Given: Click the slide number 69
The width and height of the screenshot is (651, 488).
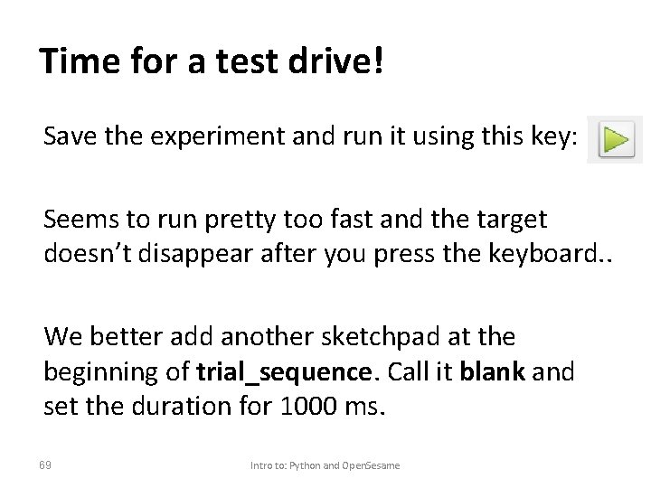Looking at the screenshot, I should [46, 465].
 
